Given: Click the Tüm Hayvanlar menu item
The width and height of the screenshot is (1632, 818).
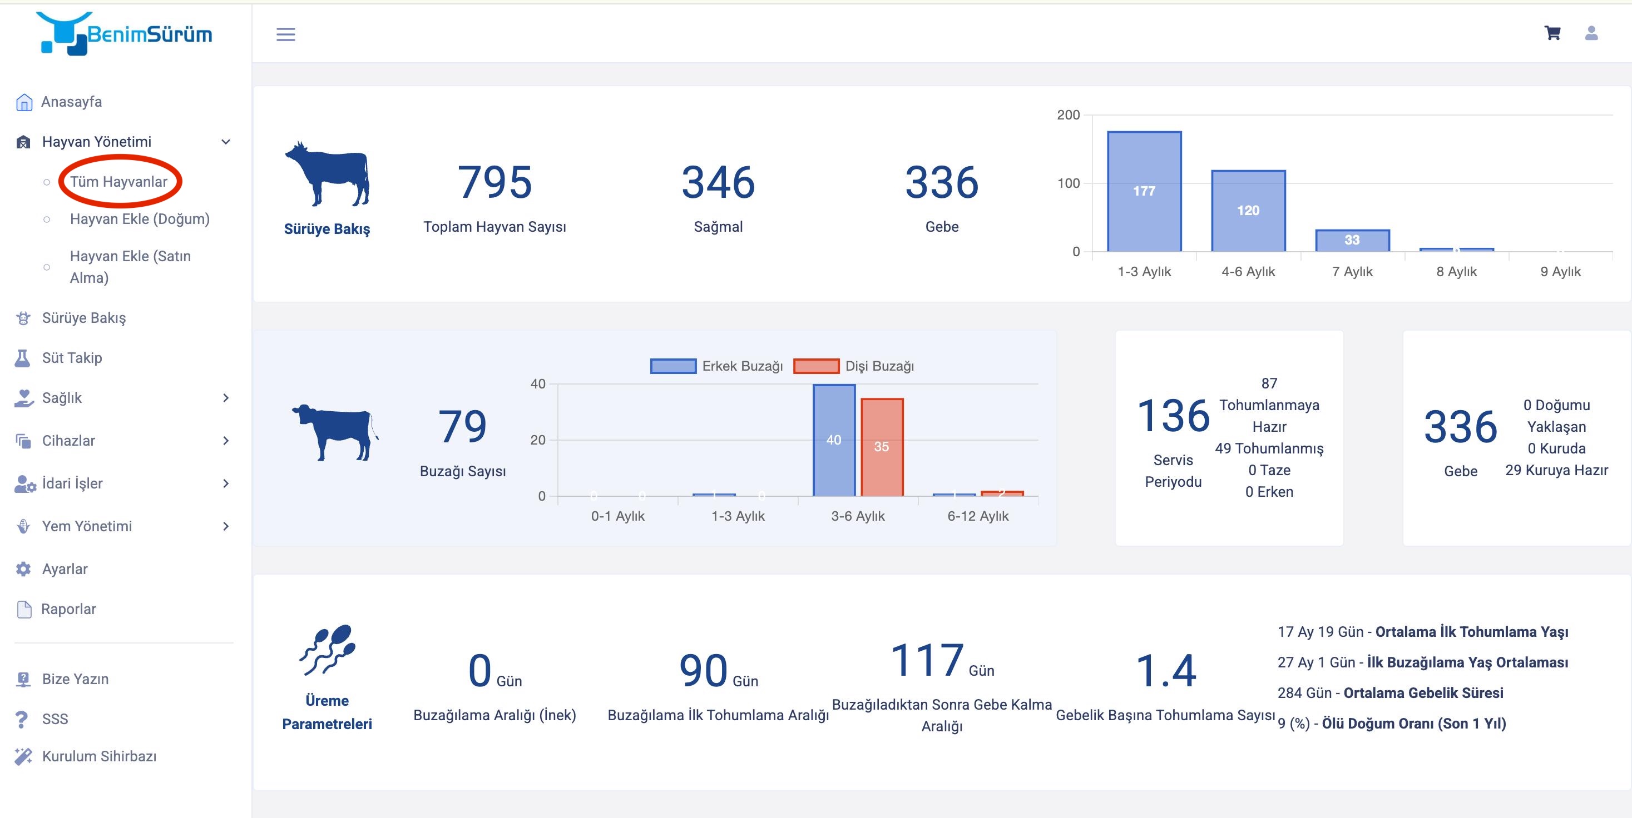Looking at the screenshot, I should click(x=118, y=182).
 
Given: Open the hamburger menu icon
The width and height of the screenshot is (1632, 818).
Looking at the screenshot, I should click(x=286, y=34).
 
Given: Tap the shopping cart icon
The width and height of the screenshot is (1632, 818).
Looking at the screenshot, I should click(x=1552, y=33).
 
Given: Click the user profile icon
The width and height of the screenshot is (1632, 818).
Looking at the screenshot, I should click(x=1591, y=33).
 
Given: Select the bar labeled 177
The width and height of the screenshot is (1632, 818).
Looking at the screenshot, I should click(x=1144, y=191).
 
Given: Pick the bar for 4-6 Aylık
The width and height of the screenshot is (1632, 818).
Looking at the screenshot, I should click(x=1248, y=211).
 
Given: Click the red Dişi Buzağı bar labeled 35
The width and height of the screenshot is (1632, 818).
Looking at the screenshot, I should click(x=881, y=447).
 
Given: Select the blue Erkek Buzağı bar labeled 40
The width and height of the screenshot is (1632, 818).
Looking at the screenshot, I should click(x=834, y=440).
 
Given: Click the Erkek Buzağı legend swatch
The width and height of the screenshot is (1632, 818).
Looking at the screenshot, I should click(x=673, y=366).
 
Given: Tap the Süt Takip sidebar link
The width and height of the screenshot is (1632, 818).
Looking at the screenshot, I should click(x=72, y=358).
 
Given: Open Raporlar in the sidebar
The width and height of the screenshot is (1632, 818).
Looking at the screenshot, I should click(x=68, y=609).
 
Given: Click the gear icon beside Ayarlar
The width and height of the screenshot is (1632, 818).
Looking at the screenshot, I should click(x=23, y=569).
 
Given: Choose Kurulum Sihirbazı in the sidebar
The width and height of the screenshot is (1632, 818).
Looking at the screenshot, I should click(x=99, y=756).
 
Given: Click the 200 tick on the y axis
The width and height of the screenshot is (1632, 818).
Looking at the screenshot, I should click(x=1067, y=114).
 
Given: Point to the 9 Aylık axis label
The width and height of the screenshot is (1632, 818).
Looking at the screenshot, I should click(x=1560, y=272).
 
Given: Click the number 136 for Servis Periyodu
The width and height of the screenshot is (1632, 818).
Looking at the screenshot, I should click(x=1173, y=416).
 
